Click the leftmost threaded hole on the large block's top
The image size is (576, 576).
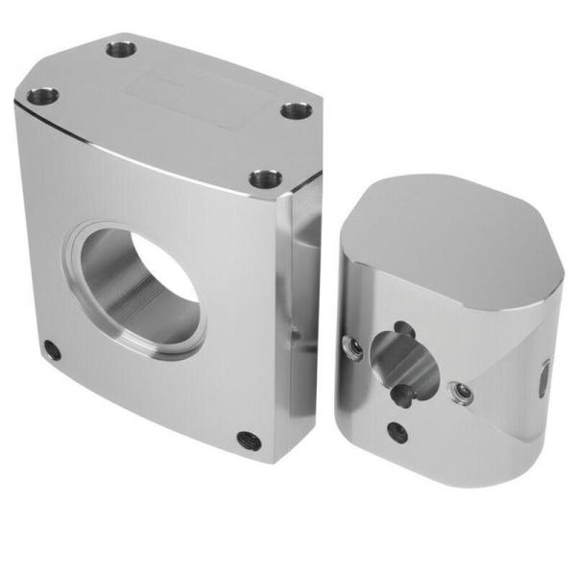(41, 96)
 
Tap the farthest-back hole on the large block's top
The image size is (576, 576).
(121, 48)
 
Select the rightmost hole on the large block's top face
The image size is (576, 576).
(296, 109)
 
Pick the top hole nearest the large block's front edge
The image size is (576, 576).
(265, 179)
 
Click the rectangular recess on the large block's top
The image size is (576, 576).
(192, 95)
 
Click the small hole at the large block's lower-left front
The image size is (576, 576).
(52, 350)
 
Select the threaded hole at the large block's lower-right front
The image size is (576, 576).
(250, 441)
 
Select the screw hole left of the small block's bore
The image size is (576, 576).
(354, 348)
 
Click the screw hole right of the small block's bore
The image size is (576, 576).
(463, 391)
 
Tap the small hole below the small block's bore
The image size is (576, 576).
(396, 432)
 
